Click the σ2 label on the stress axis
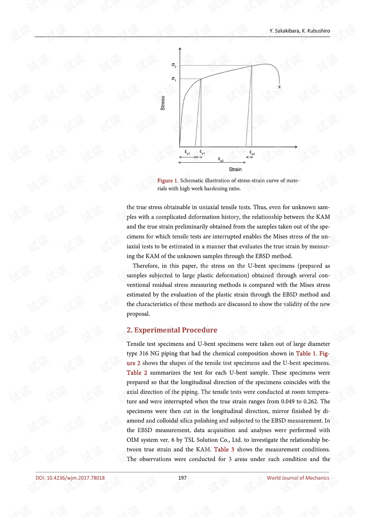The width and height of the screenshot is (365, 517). click(174, 66)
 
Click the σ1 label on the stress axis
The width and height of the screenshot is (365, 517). click(174, 79)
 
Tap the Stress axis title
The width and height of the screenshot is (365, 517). click(163, 103)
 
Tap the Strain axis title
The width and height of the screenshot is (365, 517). click(235, 170)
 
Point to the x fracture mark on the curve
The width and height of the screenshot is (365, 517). click(279, 87)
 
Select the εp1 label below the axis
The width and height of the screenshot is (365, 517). click(187, 152)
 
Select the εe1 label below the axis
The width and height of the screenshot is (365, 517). click(202, 152)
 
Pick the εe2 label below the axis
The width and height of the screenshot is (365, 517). click(252, 152)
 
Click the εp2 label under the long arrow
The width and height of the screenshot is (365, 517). click(221, 159)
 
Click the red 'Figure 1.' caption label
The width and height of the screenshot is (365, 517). click(168, 181)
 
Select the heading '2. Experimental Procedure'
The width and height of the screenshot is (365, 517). click(172, 330)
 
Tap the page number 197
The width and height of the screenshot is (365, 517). click(182, 478)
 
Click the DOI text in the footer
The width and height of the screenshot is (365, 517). click(70, 478)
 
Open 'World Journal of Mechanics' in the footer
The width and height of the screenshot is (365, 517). click(298, 478)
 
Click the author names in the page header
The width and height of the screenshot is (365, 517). click(300, 31)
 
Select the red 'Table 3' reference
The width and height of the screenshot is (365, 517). click(224, 450)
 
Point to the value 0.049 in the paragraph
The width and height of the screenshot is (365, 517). click(288, 401)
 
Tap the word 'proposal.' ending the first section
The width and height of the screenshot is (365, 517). click(138, 314)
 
